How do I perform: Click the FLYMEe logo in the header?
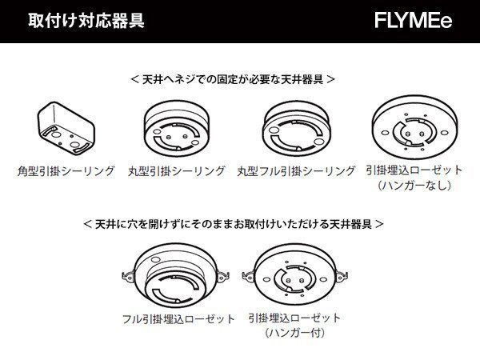click(x=413, y=21)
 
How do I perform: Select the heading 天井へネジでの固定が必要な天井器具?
click(x=232, y=80)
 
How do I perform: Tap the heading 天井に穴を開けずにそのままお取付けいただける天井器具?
click(x=233, y=224)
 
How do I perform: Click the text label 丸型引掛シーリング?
click(x=176, y=171)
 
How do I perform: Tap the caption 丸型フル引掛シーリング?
click(x=296, y=171)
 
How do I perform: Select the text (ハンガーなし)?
click(x=414, y=186)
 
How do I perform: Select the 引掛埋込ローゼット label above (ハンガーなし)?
click(x=414, y=171)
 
